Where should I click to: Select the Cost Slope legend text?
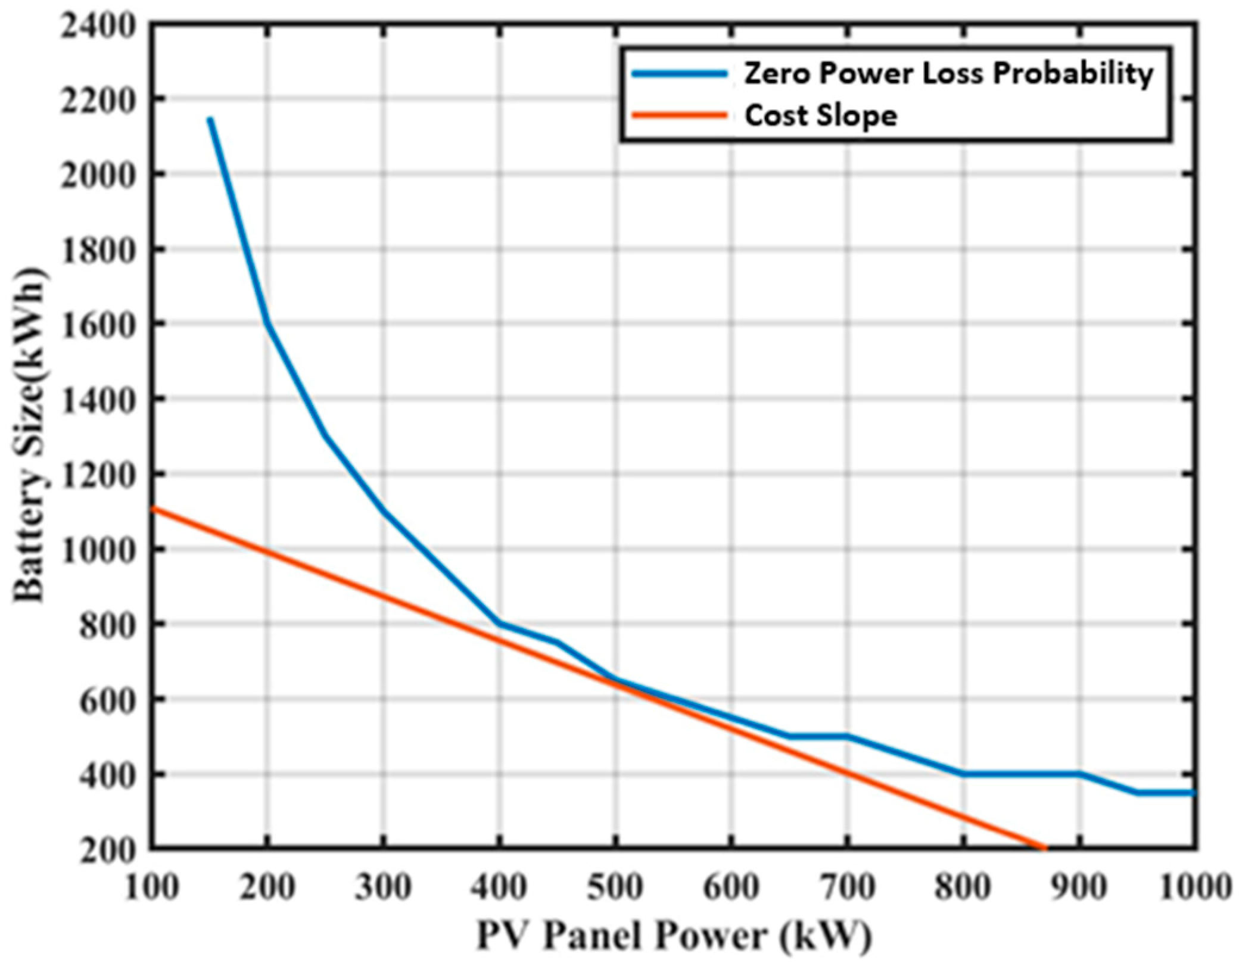tap(821, 116)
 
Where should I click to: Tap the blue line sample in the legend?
tap(679, 74)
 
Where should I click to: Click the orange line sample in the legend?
tap(679, 115)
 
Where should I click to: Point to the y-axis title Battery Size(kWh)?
tap(30, 438)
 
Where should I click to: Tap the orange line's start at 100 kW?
tap(152, 508)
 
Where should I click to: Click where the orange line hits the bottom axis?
tap(1044, 847)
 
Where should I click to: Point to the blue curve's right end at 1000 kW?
tap(1194, 793)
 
